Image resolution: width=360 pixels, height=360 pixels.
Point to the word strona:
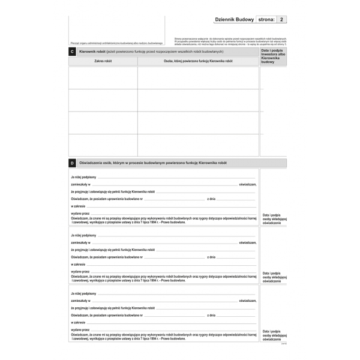[266, 20]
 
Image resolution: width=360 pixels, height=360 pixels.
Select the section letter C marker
[72, 52]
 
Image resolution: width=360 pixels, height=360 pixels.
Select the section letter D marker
[72, 163]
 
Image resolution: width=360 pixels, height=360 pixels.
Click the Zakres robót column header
[103, 62]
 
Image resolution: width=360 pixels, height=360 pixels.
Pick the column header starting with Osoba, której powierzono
[198, 62]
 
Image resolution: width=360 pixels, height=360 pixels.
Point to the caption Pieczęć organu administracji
[116, 43]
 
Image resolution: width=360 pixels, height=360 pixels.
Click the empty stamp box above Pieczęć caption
[116, 27]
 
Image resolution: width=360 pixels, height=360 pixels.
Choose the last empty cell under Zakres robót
[103, 145]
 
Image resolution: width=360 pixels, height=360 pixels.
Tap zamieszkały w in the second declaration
[80, 242]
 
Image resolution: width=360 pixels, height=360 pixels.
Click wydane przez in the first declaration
[80, 213]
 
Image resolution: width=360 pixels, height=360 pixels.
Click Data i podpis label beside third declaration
[272, 331]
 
